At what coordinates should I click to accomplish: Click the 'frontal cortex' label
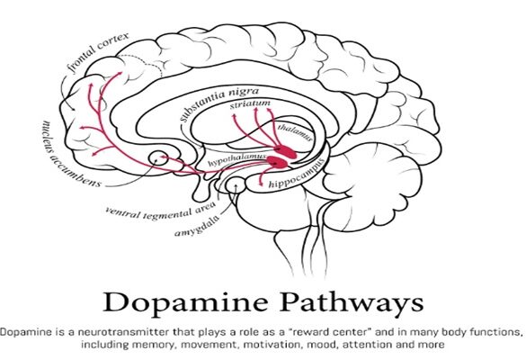click(98, 52)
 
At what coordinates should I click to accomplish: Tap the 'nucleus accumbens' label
click(70, 154)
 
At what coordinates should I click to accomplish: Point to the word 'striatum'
click(250, 104)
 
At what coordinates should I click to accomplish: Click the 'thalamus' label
click(295, 132)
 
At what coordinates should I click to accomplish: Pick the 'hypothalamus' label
click(236, 159)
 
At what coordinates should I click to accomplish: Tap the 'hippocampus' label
click(297, 174)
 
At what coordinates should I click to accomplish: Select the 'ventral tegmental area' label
click(160, 211)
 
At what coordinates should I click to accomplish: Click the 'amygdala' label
click(197, 227)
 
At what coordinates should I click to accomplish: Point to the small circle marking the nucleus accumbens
click(157, 157)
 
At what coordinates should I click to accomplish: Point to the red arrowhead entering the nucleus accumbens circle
click(163, 157)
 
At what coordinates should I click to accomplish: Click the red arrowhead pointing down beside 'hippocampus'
click(262, 183)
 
